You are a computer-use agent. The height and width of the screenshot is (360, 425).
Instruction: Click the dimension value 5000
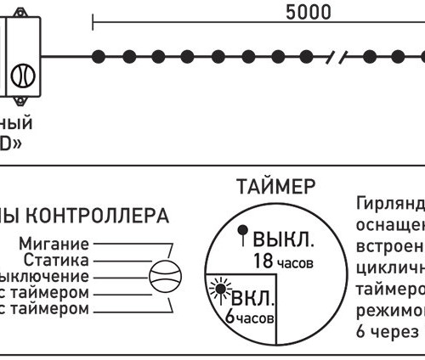[x=308, y=13]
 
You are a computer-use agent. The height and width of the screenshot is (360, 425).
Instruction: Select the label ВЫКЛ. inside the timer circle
[x=283, y=238]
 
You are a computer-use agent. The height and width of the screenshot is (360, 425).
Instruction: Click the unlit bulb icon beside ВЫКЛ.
[x=242, y=230]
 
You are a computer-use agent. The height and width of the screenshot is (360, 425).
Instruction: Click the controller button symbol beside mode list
[x=165, y=277]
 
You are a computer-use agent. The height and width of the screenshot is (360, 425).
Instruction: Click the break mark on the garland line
[x=343, y=57]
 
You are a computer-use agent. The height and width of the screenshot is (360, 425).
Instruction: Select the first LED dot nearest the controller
[x=99, y=57]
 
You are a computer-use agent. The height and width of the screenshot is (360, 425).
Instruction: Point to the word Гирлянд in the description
[x=387, y=205]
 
